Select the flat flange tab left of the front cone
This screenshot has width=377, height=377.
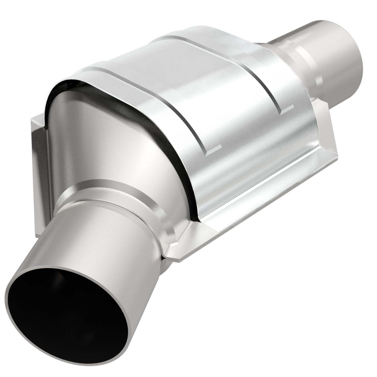tap(39, 151)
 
